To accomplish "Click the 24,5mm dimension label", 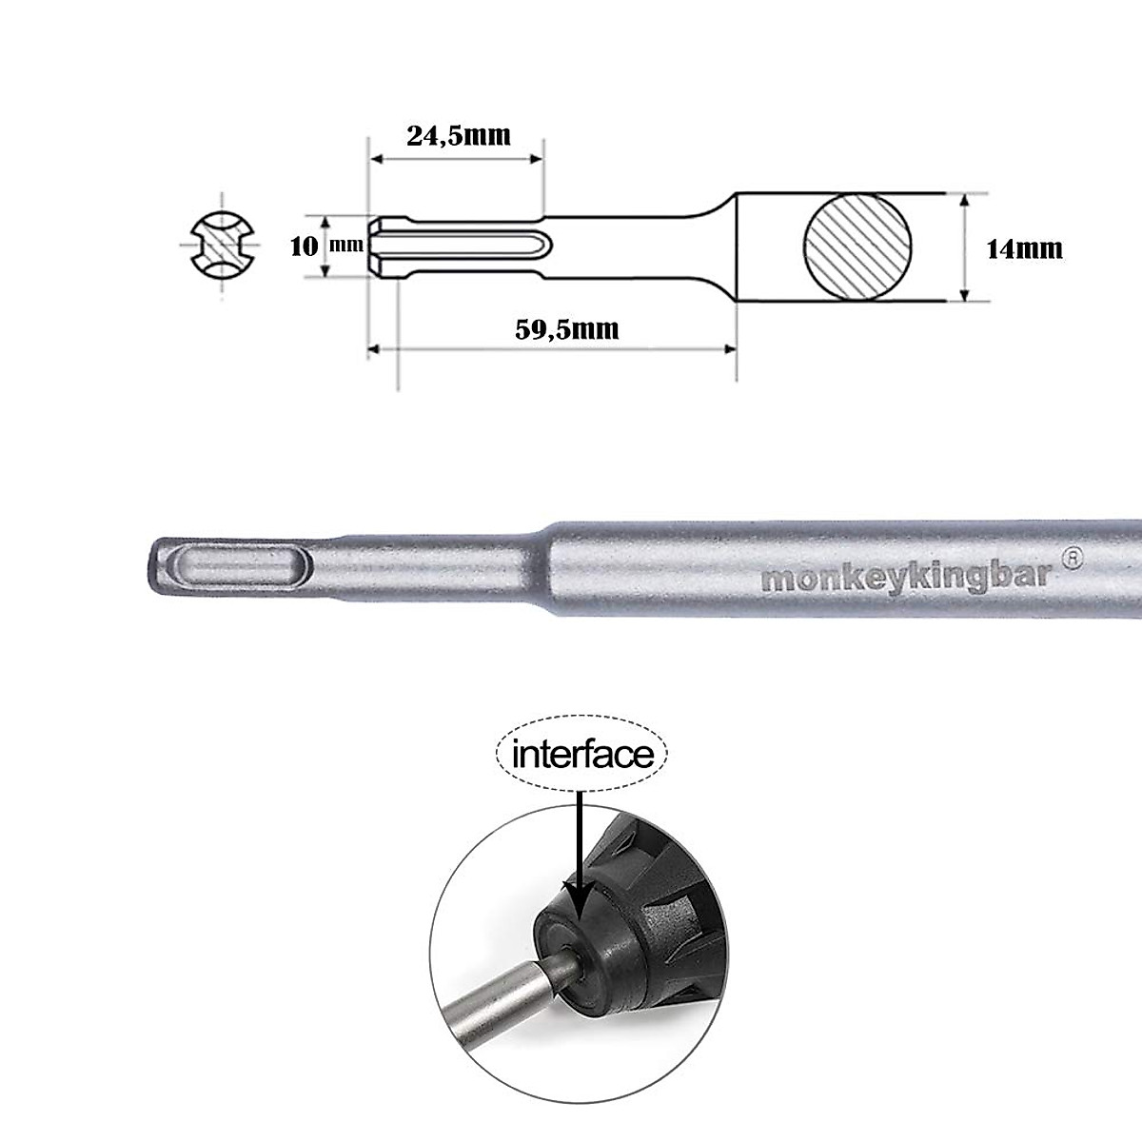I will click(458, 135).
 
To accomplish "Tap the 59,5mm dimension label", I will click(567, 329).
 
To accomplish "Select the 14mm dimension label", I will click(1024, 249).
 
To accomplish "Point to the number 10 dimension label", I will click(304, 246).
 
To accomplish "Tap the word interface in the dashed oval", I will click(583, 755).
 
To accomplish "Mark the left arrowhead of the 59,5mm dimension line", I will click(373, 349).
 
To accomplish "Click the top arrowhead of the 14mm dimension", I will click(965, 201).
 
